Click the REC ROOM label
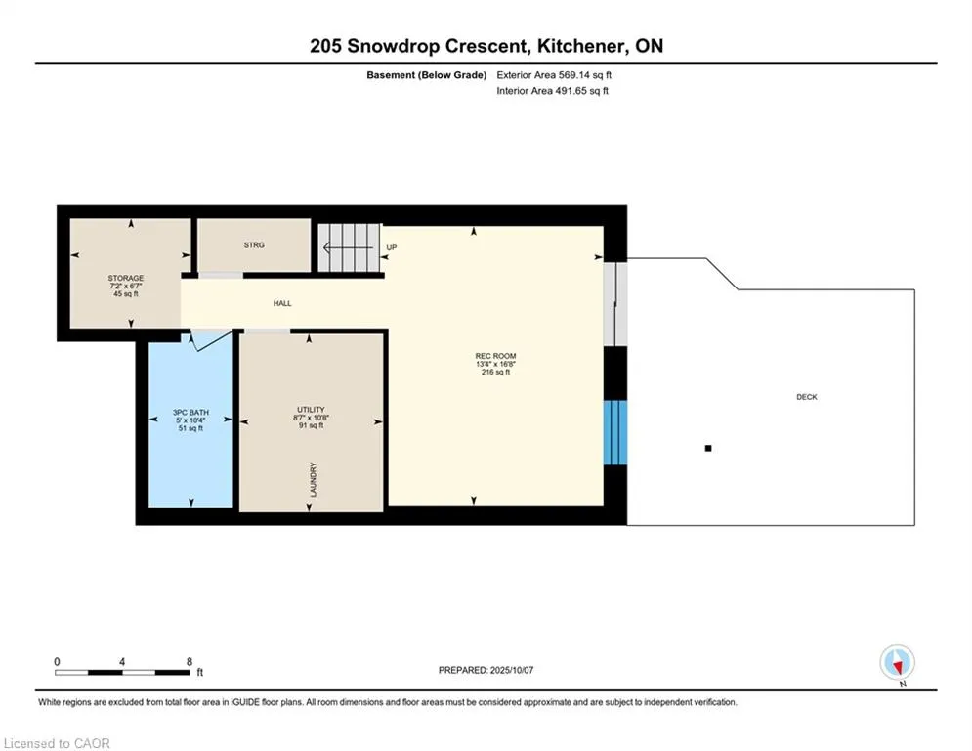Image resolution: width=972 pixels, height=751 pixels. tap(495, 356)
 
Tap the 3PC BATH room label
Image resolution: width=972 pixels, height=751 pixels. tap(190, 412)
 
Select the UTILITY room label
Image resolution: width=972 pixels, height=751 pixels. tap(311, 410)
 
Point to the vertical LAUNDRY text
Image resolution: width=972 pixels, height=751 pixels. tap(313, 479)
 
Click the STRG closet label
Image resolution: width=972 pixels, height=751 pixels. tap(254, 245)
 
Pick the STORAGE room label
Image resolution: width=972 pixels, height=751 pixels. tap(126, 278)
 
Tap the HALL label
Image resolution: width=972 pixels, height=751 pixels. tap(282, 303)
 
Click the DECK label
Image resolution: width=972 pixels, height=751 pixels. tap(807, 397)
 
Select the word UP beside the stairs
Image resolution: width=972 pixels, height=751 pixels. tap(391, 247)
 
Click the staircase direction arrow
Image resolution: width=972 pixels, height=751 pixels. tap(349, 248)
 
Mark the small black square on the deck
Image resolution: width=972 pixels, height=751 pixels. tap(708, 448)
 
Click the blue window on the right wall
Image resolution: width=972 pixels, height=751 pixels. tap(614, 432)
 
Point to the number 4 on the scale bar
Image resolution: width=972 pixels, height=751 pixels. tap(122, 662)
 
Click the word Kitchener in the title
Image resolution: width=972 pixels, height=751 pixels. tap(580, 46)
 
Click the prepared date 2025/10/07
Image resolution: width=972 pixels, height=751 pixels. tap(512, 670)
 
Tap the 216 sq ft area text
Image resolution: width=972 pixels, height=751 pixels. tap(495, 373)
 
